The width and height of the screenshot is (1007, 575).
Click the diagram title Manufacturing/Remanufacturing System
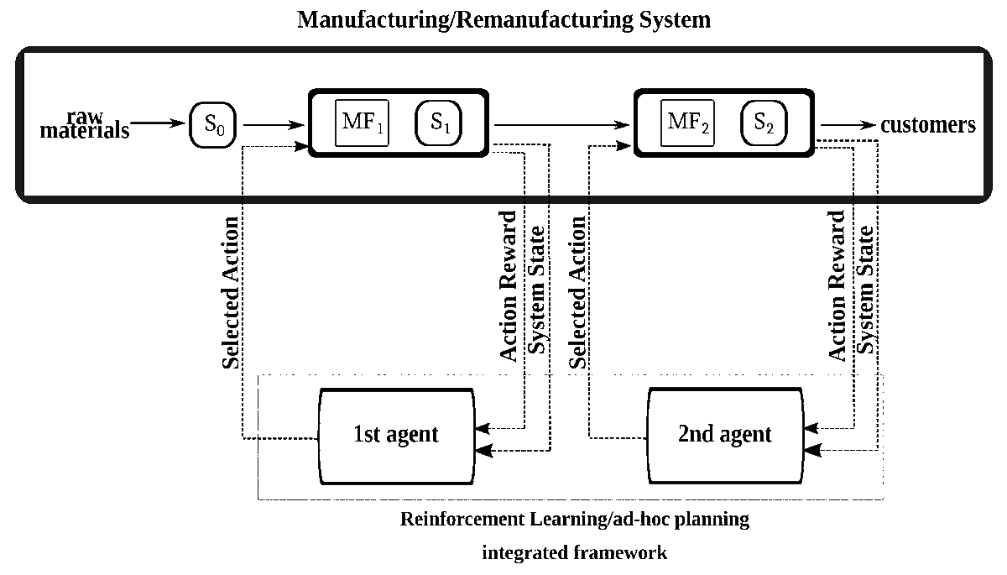pos(503,20)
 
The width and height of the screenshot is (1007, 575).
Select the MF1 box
pos(362,123)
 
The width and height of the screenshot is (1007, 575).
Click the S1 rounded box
pos(440,123)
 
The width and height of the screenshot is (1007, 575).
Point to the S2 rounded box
pos(764,123)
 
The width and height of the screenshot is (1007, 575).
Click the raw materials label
pos(85,124)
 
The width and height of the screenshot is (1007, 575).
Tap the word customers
pos(927,125)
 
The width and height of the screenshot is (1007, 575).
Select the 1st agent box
pos(396,435)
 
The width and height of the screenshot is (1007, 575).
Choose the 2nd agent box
pos(723,435)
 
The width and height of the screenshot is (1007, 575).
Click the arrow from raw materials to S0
pos(158,124)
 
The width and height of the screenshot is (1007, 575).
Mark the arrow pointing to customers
pos(848,125)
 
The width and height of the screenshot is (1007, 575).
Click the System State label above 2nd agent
pos(867,290)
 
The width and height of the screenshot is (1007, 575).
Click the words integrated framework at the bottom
pos(575,552)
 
